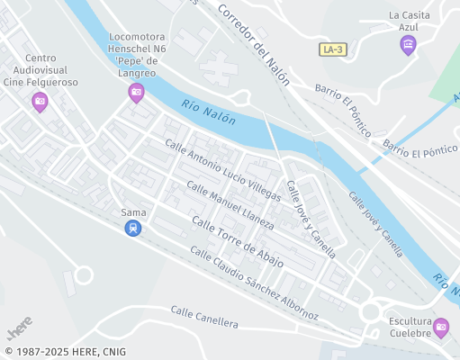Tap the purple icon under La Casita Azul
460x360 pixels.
click(408, 45)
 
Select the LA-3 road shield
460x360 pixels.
click(332, 49)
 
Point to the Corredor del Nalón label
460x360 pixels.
click(254, 42)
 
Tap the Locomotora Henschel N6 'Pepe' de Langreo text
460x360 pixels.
click(137, 59)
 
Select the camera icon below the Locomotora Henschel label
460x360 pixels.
click(137, 91)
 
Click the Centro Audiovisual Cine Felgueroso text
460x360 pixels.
click(41, 76)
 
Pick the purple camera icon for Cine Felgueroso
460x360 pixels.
click(40, 102)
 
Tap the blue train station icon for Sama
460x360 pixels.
click(133, 229)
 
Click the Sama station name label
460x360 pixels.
click(133, 212)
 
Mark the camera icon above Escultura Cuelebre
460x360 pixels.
click(440, 328)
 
